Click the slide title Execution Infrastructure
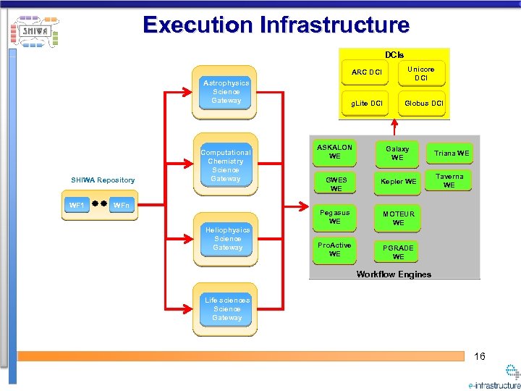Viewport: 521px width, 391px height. coord(276,25)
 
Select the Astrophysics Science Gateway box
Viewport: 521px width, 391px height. coord(226,92)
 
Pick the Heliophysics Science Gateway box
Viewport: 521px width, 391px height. coord(227,239)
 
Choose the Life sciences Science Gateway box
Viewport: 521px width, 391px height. coord(227,309)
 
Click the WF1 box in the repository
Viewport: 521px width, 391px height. coord(77,206)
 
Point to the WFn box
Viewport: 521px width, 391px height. coord(122,206)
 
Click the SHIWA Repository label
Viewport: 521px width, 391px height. coord(102,180)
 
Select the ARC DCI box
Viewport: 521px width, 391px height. coord(367,72)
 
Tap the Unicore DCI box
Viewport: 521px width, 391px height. coord(421,73)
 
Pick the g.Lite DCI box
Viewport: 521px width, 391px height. coord(367,104)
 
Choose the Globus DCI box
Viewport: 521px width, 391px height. coord(424,104)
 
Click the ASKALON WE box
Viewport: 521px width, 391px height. coord(335,152)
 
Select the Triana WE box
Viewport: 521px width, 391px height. coord(452,153)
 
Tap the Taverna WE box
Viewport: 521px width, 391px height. coord(449,181)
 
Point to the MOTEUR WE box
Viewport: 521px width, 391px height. coord(399,219)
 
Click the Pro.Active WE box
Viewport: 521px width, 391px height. coord(335,250)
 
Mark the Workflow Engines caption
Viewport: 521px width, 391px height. coord(394,274)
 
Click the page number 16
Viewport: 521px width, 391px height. coord(480,356)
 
